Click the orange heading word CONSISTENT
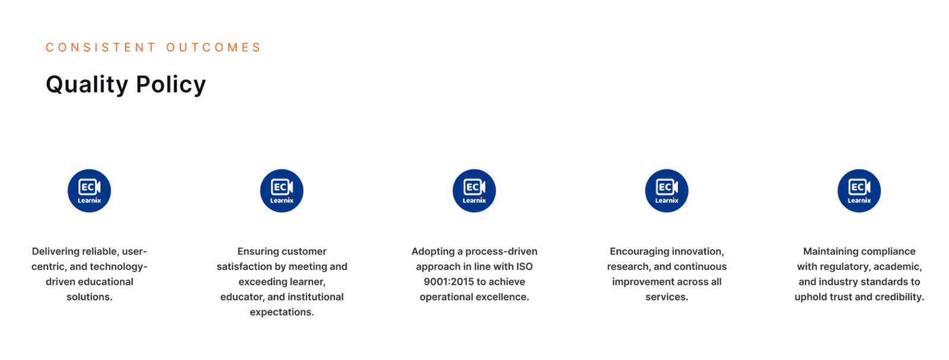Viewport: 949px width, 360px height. pyautogui.click(x=101, y=47)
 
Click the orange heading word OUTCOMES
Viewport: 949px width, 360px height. pyautogui.click(x=213, y=47)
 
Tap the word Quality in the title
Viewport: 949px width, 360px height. pyautogui.click(x=87, y=85)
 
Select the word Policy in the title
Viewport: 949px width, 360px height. pyautogui.click(x=171, y=85)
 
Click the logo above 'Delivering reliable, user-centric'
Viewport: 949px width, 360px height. pyautogui.click(x=90, y=190)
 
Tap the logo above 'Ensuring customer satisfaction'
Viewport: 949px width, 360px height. pyautogui.click(x=282, y=190)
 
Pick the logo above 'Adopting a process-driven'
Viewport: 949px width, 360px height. pyautogui.click(x=474, y=190)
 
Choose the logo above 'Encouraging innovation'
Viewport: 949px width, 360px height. pyautogui.click(x=667, y=190)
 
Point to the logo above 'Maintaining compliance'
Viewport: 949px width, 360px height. pyautogui.click(x=859, y=190)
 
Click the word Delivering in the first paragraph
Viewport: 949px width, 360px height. pyautogui.click(x=56, y=251)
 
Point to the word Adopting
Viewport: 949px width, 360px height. pyautogui.click(x=432, y=251)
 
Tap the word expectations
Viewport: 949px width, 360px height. pyautogui.click(x=282, y=312)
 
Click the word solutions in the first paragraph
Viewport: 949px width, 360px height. pyautogui.click(x=90, y=297)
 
